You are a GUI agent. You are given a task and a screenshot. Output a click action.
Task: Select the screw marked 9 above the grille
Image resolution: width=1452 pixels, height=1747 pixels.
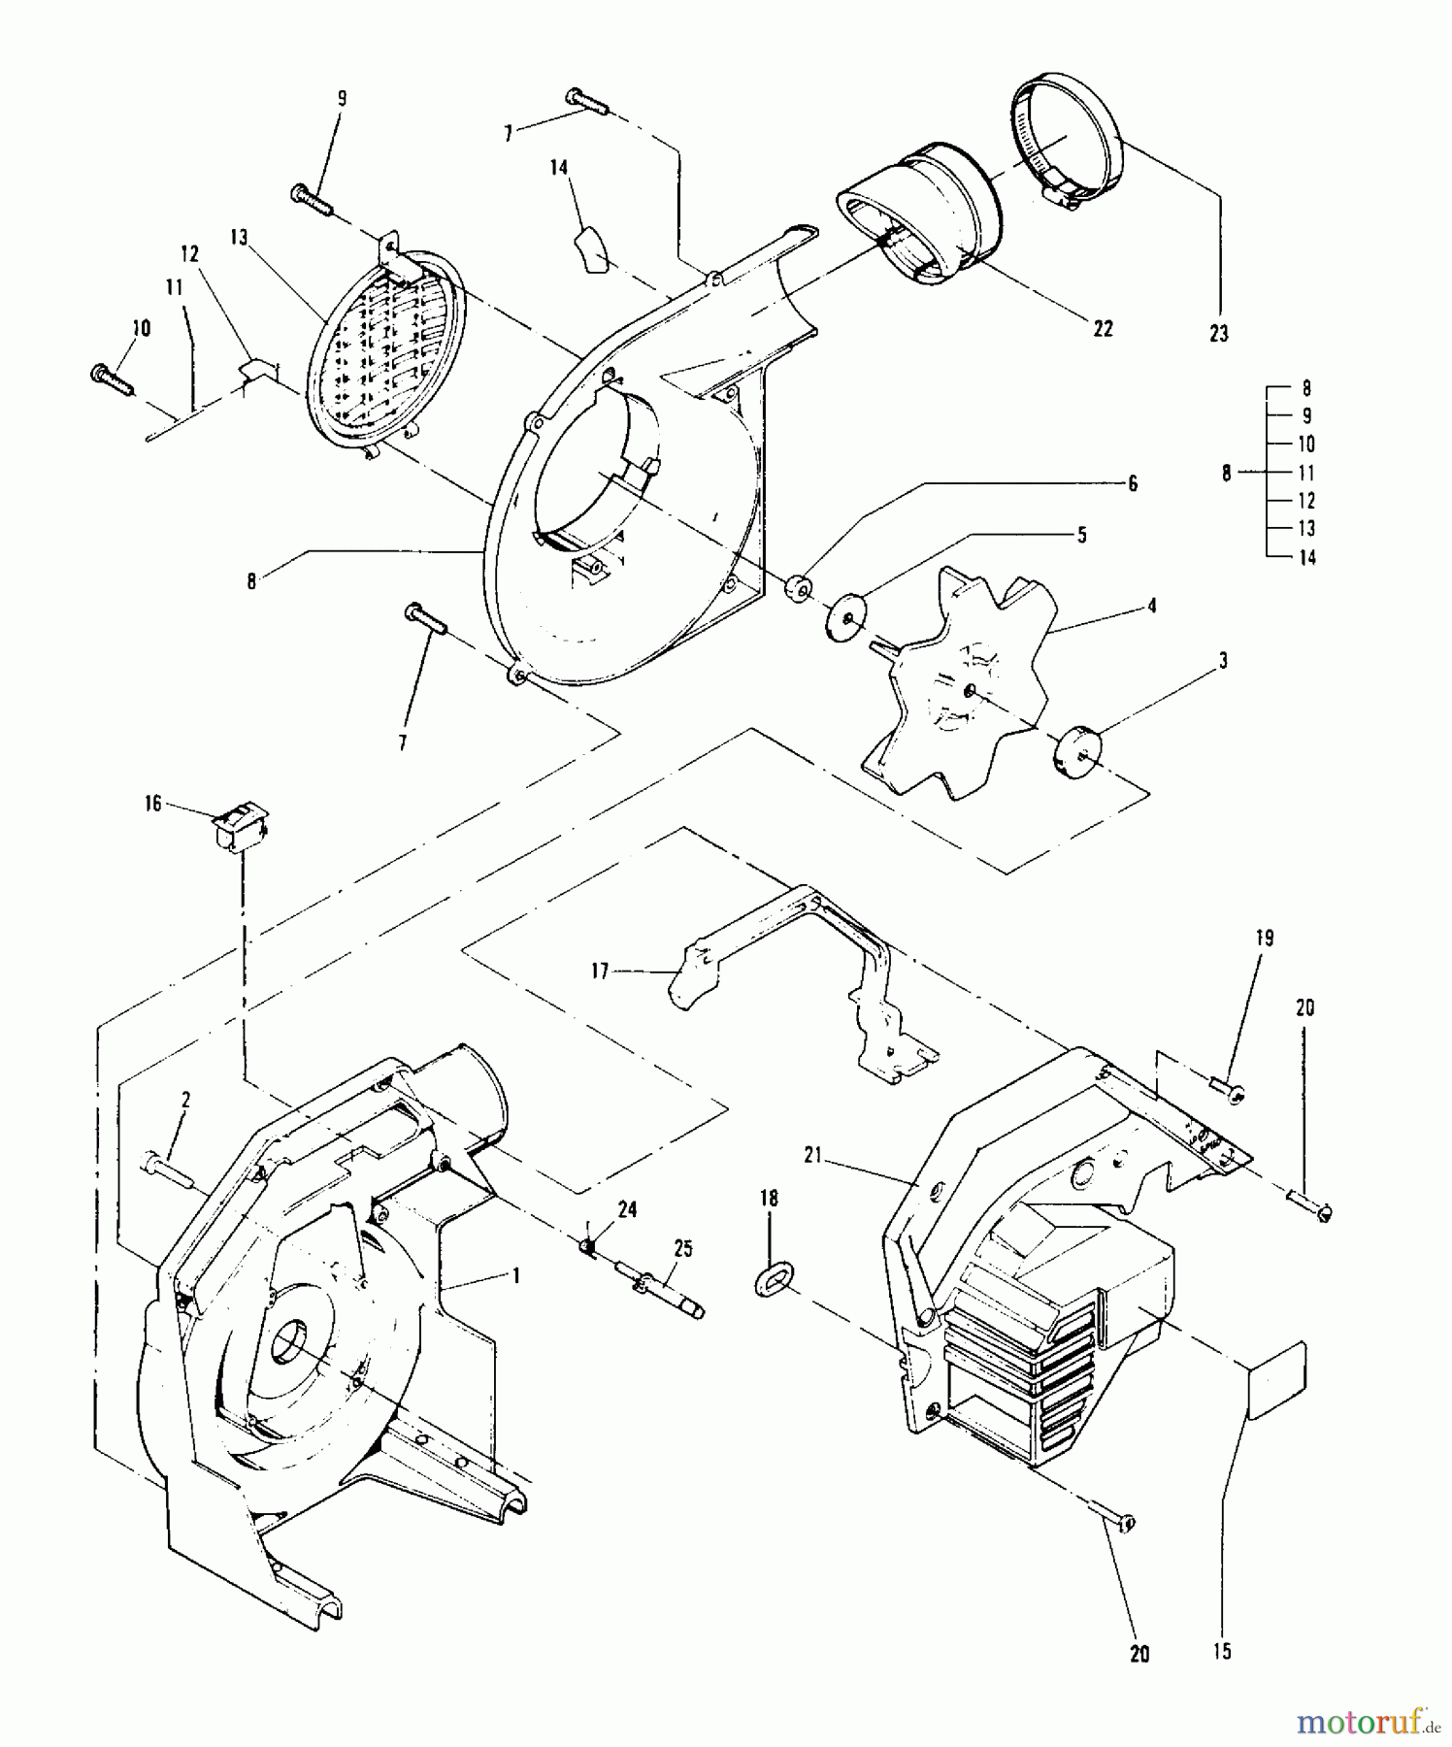pos(312,199)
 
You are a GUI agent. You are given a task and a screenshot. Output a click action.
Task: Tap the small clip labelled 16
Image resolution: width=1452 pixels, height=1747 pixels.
pos(239,828)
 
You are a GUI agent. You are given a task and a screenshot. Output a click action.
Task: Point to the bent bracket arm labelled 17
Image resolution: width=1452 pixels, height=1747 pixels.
pos(806,971)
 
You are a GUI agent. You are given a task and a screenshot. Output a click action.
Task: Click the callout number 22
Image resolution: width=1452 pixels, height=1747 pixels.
pos(1103,329)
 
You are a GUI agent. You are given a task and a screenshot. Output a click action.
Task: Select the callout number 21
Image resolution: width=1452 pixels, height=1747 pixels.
pos(812,1155)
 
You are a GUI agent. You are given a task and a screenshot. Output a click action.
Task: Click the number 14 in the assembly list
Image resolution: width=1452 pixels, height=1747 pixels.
pos(1306,558)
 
